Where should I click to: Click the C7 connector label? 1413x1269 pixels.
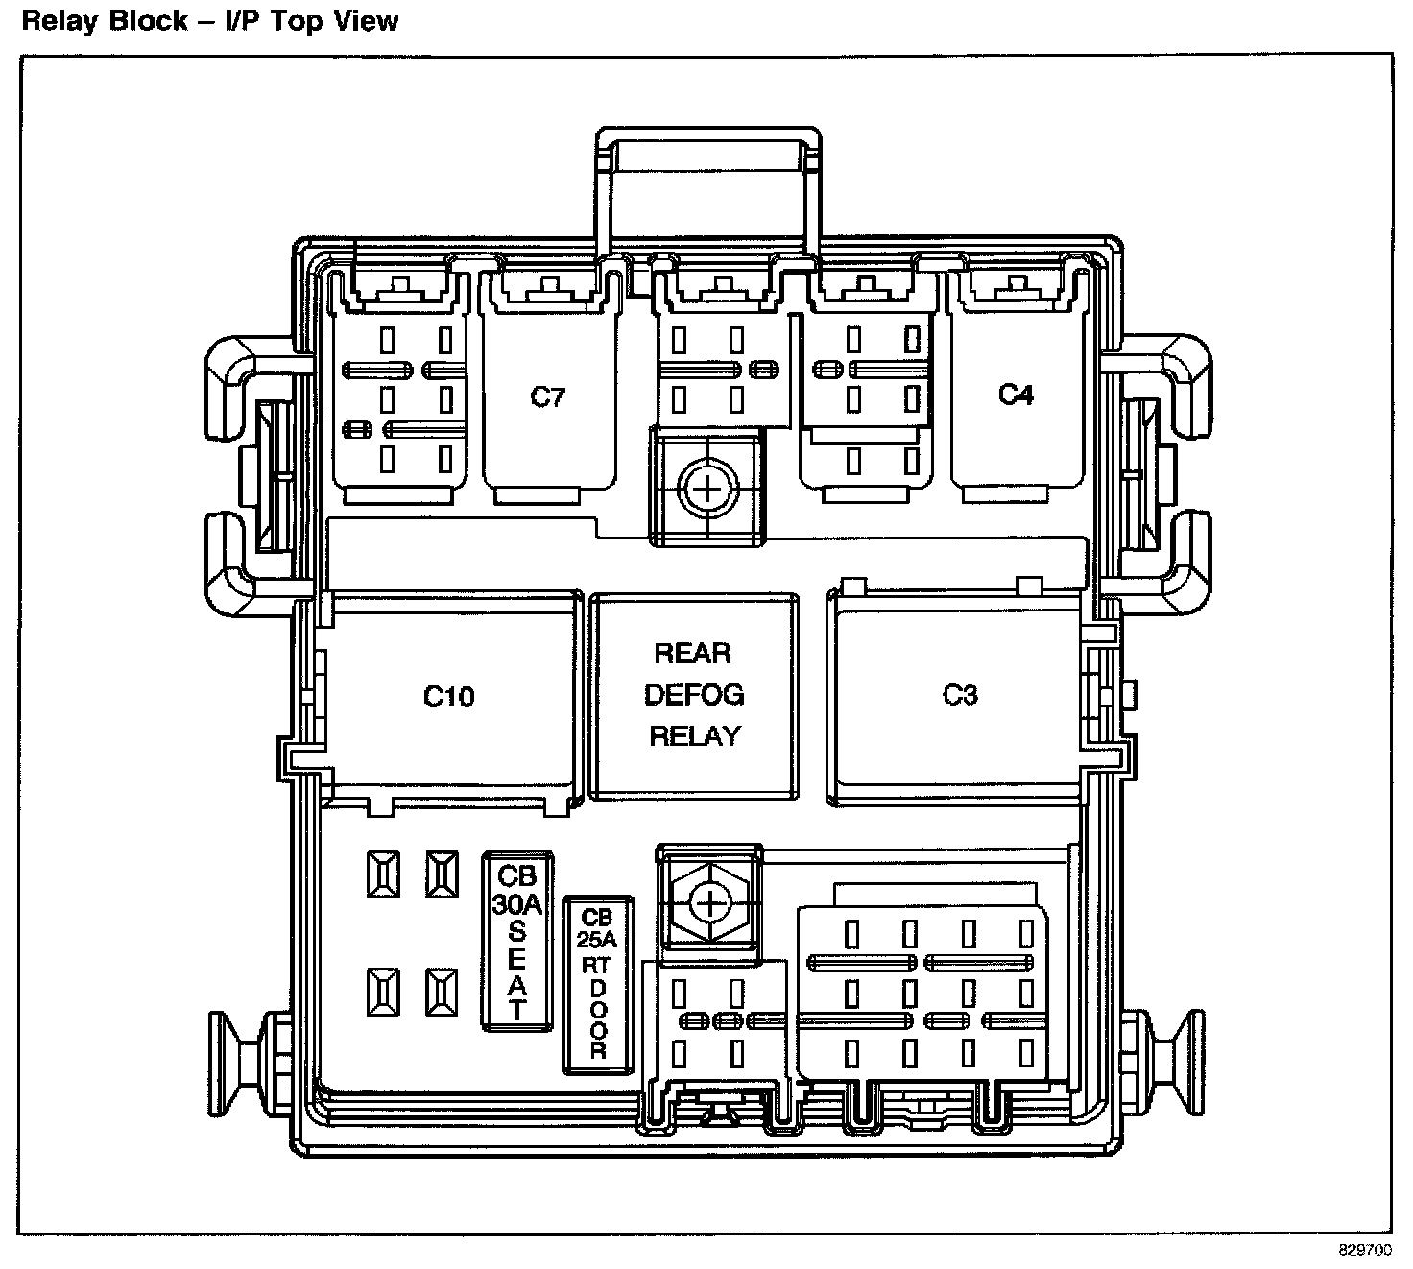click(548, 397)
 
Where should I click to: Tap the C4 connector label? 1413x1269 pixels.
click(1016, 395)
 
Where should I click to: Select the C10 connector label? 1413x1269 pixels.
click(448, 696)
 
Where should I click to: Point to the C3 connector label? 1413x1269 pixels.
click(960, 694)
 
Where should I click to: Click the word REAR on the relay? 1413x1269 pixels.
click(693, 654)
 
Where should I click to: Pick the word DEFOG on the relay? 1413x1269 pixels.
click(694, 695)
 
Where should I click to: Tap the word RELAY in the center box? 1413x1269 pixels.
click(695, 736)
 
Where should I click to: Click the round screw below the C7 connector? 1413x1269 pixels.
click(707, 491)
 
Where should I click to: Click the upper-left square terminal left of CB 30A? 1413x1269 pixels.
click(383, 874)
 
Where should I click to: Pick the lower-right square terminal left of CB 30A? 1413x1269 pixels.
click(442, 992)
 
